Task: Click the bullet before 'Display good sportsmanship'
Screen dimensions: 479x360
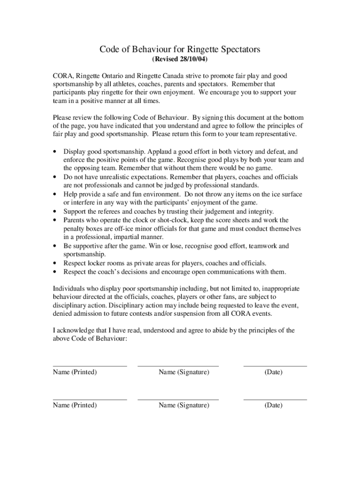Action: pyautogui.click(x=55, y=152)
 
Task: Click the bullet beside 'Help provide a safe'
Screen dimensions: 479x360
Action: pyautogui.click(x=55, y=194)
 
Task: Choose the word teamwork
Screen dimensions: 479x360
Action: pyautogui.click(x=263, y=246)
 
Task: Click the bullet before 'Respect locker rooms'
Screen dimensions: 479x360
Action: pyautogui.click(x=55, y=263)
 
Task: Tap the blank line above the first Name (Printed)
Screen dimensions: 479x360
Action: pyautogui.click(x=89, y=366)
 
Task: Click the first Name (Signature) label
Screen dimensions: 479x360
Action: pyautogui.click(x=184, y=372)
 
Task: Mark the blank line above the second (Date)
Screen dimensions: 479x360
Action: pyautogui.click(x=275, y=400)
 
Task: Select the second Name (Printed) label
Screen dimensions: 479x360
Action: pyautogui.click(x=75, y=405)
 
